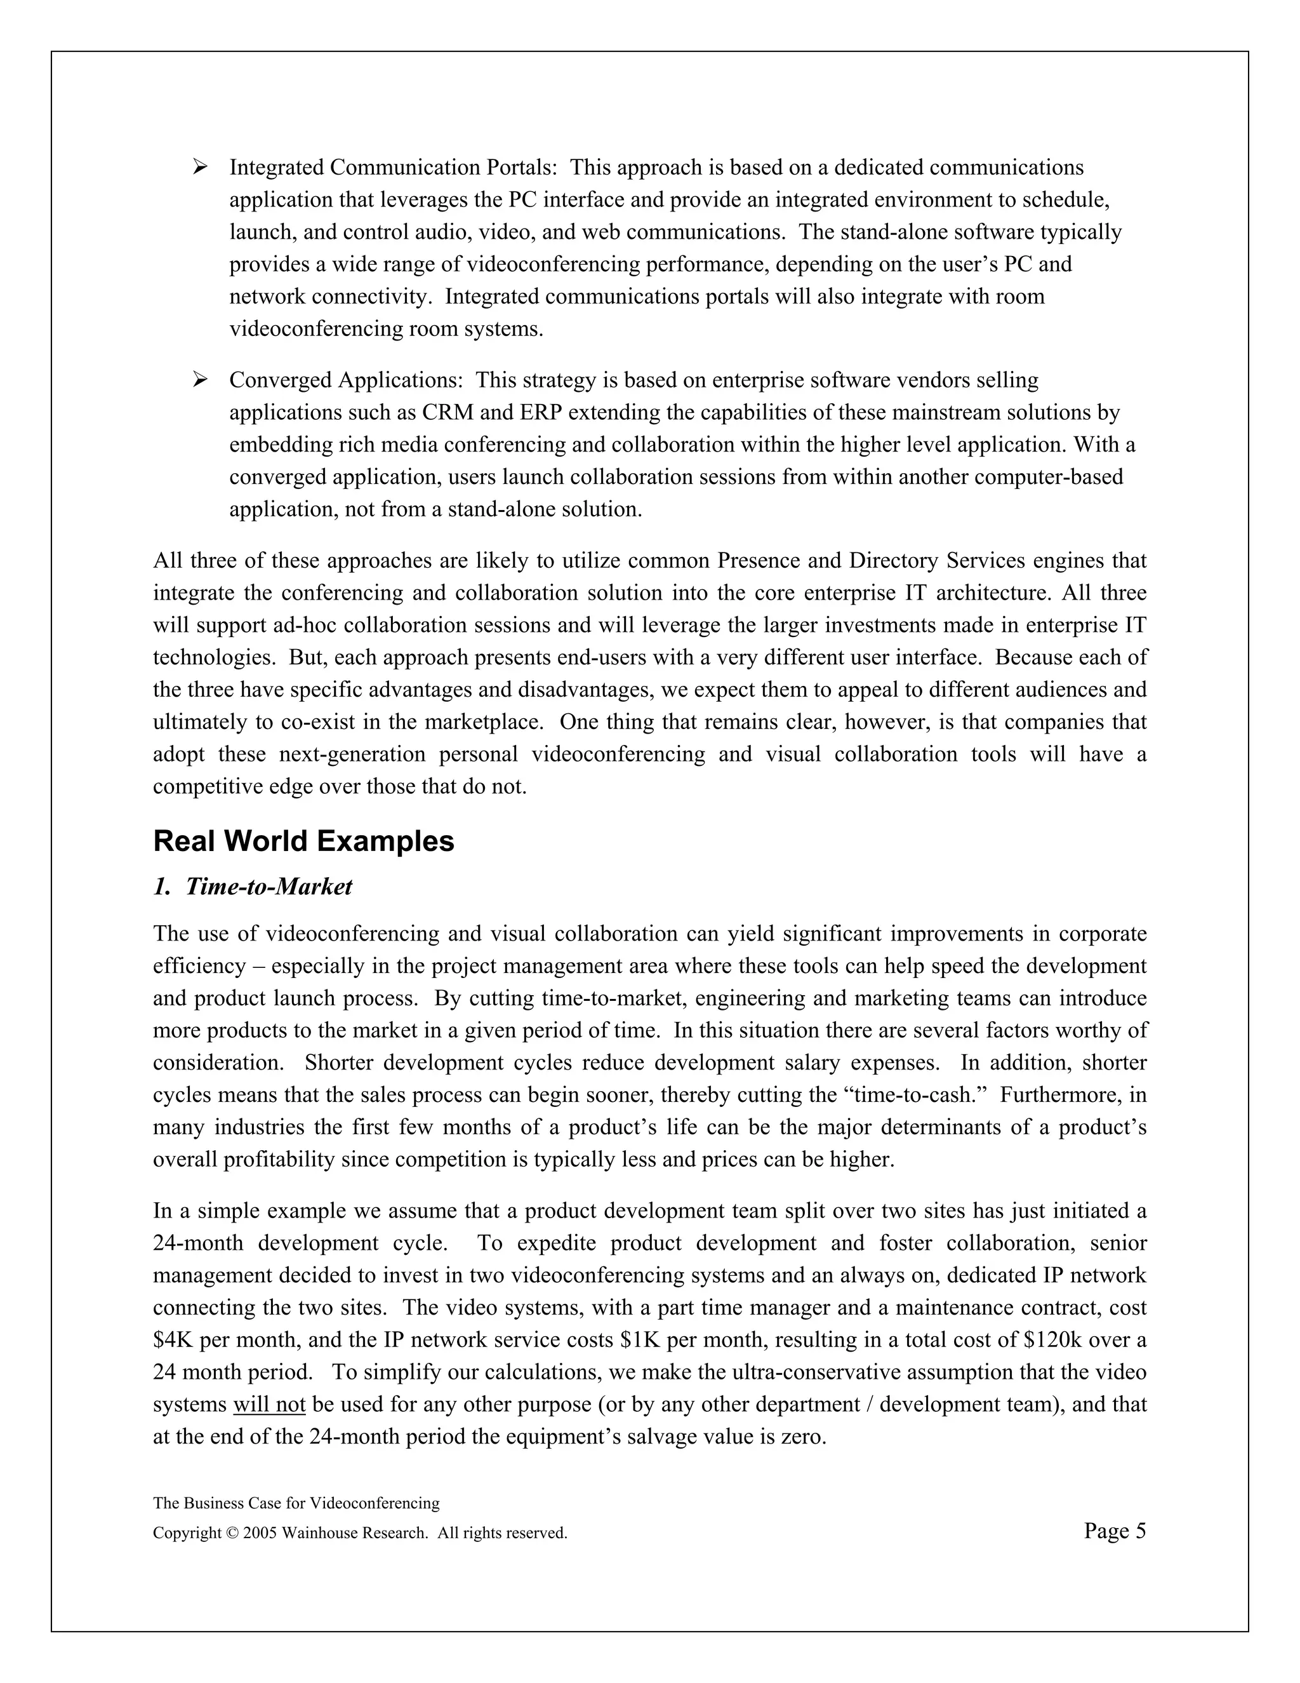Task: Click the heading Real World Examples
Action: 303,841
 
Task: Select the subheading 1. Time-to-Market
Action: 253,887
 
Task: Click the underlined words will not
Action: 270,1405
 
